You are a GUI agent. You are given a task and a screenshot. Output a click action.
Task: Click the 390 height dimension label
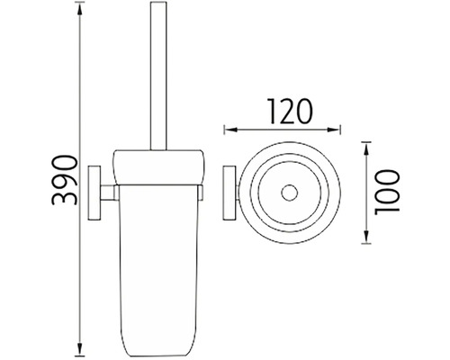(65, 180)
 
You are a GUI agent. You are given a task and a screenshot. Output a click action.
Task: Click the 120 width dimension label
(290, 112)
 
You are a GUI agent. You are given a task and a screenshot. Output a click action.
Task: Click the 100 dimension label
(387, 193)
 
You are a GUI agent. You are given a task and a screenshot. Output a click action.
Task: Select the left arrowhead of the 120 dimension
(230, 130)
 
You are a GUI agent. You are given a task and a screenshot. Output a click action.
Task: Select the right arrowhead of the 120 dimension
(334, 130)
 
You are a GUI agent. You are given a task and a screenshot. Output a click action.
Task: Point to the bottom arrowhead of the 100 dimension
(366, 237)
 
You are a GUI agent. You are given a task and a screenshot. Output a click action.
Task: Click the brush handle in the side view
(158, 76)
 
